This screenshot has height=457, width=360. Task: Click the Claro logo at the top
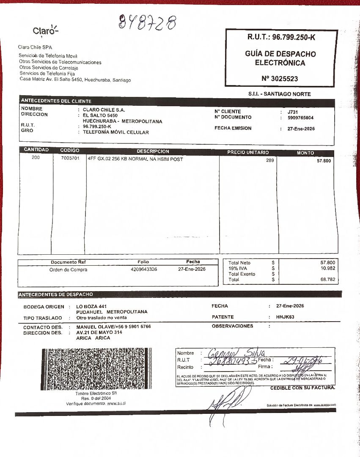46,31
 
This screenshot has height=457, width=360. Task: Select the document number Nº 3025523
280,79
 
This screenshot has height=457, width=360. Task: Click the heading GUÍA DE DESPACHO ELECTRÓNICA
280,58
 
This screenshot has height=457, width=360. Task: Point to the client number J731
292,112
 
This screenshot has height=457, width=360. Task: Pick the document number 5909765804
300,118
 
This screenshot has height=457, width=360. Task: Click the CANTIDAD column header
36,150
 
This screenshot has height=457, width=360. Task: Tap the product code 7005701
69,159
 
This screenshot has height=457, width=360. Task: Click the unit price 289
270,160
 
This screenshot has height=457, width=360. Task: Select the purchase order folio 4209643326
144,269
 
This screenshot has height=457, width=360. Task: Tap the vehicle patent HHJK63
285,317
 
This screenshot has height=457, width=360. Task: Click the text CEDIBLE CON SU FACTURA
302,388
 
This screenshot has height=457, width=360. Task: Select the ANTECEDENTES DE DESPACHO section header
56,295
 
